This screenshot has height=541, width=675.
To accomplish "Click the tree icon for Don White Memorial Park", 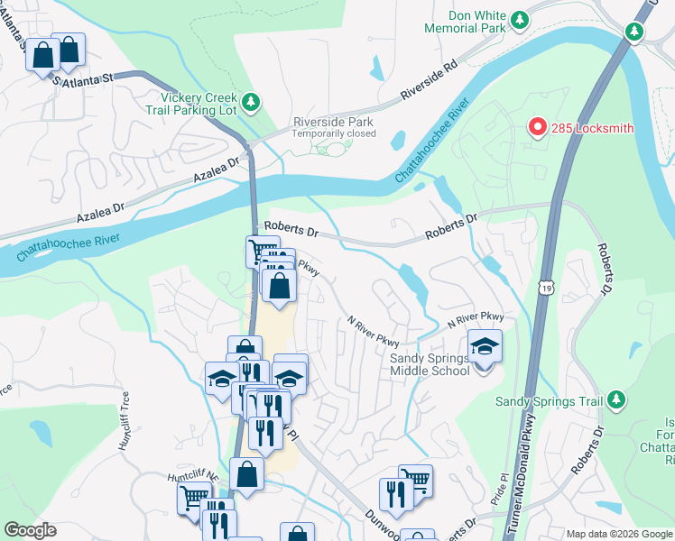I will pos(519,19).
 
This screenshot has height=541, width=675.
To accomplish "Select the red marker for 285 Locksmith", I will pos(537,127).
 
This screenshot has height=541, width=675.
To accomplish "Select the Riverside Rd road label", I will pos(430,81).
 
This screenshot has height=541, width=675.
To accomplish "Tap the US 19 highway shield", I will pos(545,287).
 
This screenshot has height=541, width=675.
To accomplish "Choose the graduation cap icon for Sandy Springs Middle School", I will pos(485,346).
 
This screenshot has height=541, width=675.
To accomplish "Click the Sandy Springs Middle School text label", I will pos(430,364).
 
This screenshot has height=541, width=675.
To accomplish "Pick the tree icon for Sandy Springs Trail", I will pos(616,398).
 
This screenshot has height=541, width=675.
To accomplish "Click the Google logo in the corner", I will pos(30,530).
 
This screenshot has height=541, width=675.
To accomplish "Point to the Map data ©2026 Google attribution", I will pos(618,534).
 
